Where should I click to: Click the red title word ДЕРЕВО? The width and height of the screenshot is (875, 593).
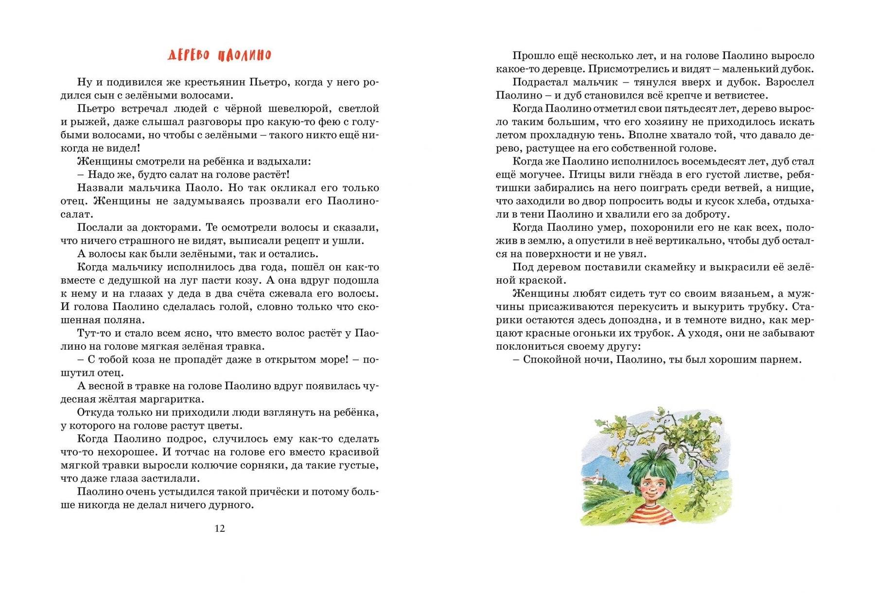point(190,55)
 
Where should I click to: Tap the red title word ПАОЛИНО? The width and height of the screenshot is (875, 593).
point(245,55)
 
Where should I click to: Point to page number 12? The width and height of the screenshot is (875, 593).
point(220,528)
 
